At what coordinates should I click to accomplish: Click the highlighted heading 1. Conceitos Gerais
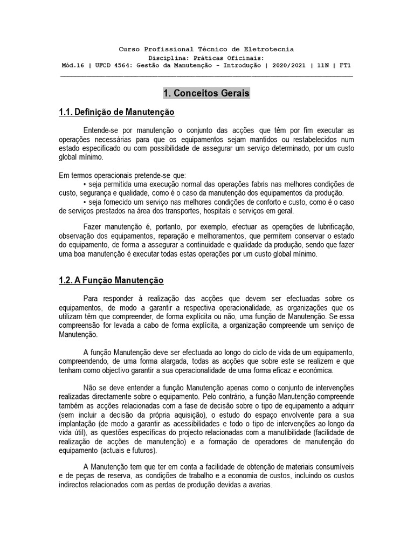206,94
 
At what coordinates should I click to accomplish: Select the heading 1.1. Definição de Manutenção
116,113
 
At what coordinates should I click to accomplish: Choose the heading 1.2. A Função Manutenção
111,281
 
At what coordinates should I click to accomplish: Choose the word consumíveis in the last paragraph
333,466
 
